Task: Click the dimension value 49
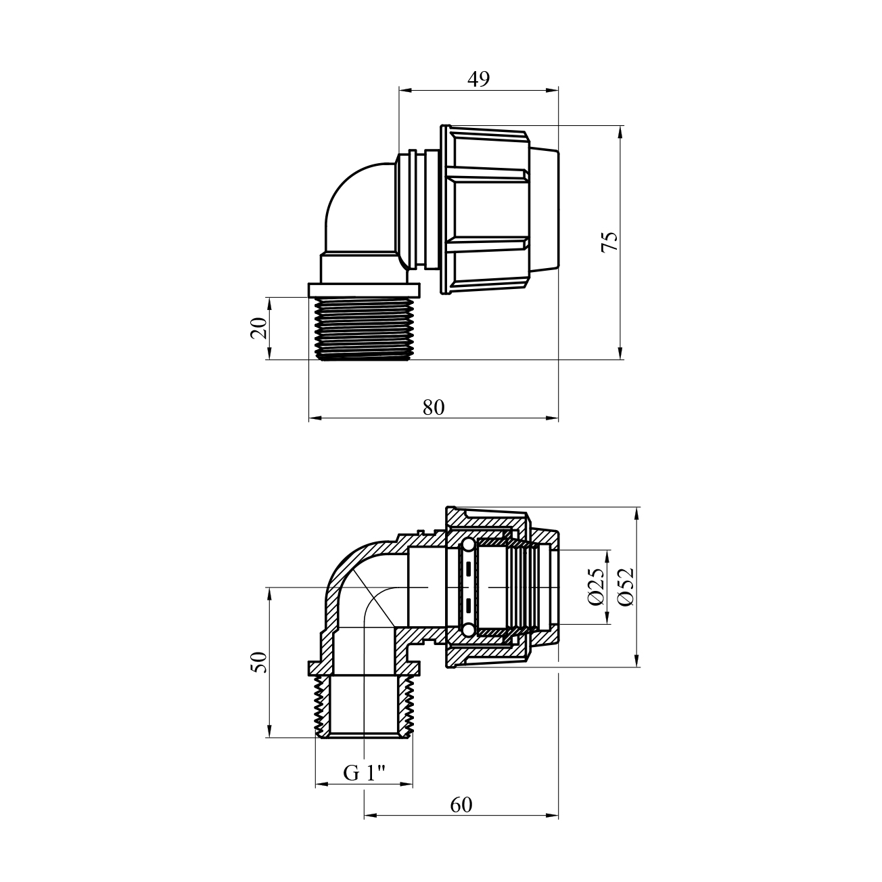click(478, 79)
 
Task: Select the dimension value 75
click(609, 242)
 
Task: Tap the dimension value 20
click(258, 328)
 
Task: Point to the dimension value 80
click(433, 407)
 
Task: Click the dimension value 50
click(258, 662)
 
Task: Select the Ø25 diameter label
click(596, 587)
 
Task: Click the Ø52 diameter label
click(625, 587)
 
